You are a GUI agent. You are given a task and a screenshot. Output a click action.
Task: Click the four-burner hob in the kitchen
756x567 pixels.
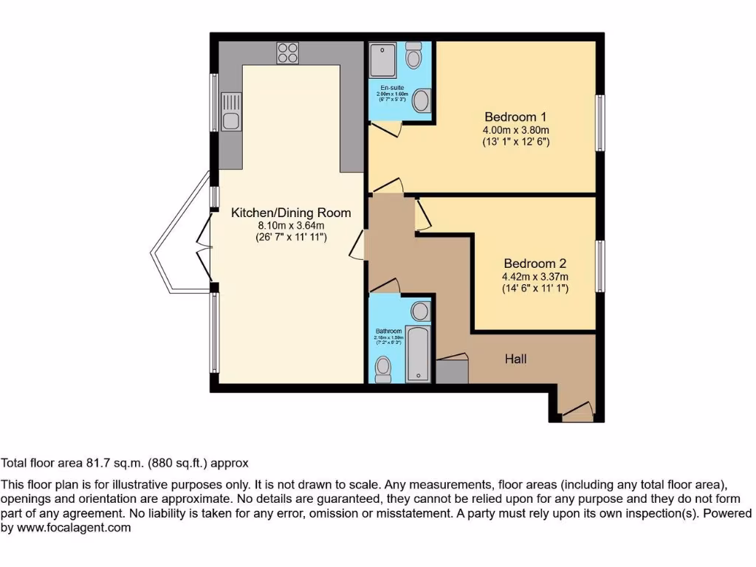(288, 52)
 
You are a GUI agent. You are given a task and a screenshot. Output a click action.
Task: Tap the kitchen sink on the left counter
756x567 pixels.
(230, 111)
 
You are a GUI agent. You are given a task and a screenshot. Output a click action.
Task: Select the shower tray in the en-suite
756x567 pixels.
(384, 59)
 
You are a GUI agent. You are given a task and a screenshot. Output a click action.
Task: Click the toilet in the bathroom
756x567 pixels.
(383, 369)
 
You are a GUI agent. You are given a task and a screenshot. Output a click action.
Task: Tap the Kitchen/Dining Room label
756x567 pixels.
(291, 213)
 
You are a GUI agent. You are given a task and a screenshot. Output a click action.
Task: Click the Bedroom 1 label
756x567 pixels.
(515, 117)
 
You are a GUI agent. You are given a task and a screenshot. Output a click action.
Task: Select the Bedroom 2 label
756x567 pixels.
(535, 264)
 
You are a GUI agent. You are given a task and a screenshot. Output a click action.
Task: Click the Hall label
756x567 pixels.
(515, 359)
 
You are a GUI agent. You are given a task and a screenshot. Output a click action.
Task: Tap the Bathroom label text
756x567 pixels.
(388, 331)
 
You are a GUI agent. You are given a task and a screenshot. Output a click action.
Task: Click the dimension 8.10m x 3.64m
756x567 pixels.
(291, 225)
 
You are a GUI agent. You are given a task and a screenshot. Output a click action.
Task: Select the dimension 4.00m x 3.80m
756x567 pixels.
(515, 129)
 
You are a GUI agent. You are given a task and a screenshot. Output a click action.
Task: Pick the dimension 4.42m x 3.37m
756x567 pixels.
(535, 277)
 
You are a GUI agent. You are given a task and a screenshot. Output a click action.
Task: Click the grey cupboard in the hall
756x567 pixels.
(452, 370)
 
